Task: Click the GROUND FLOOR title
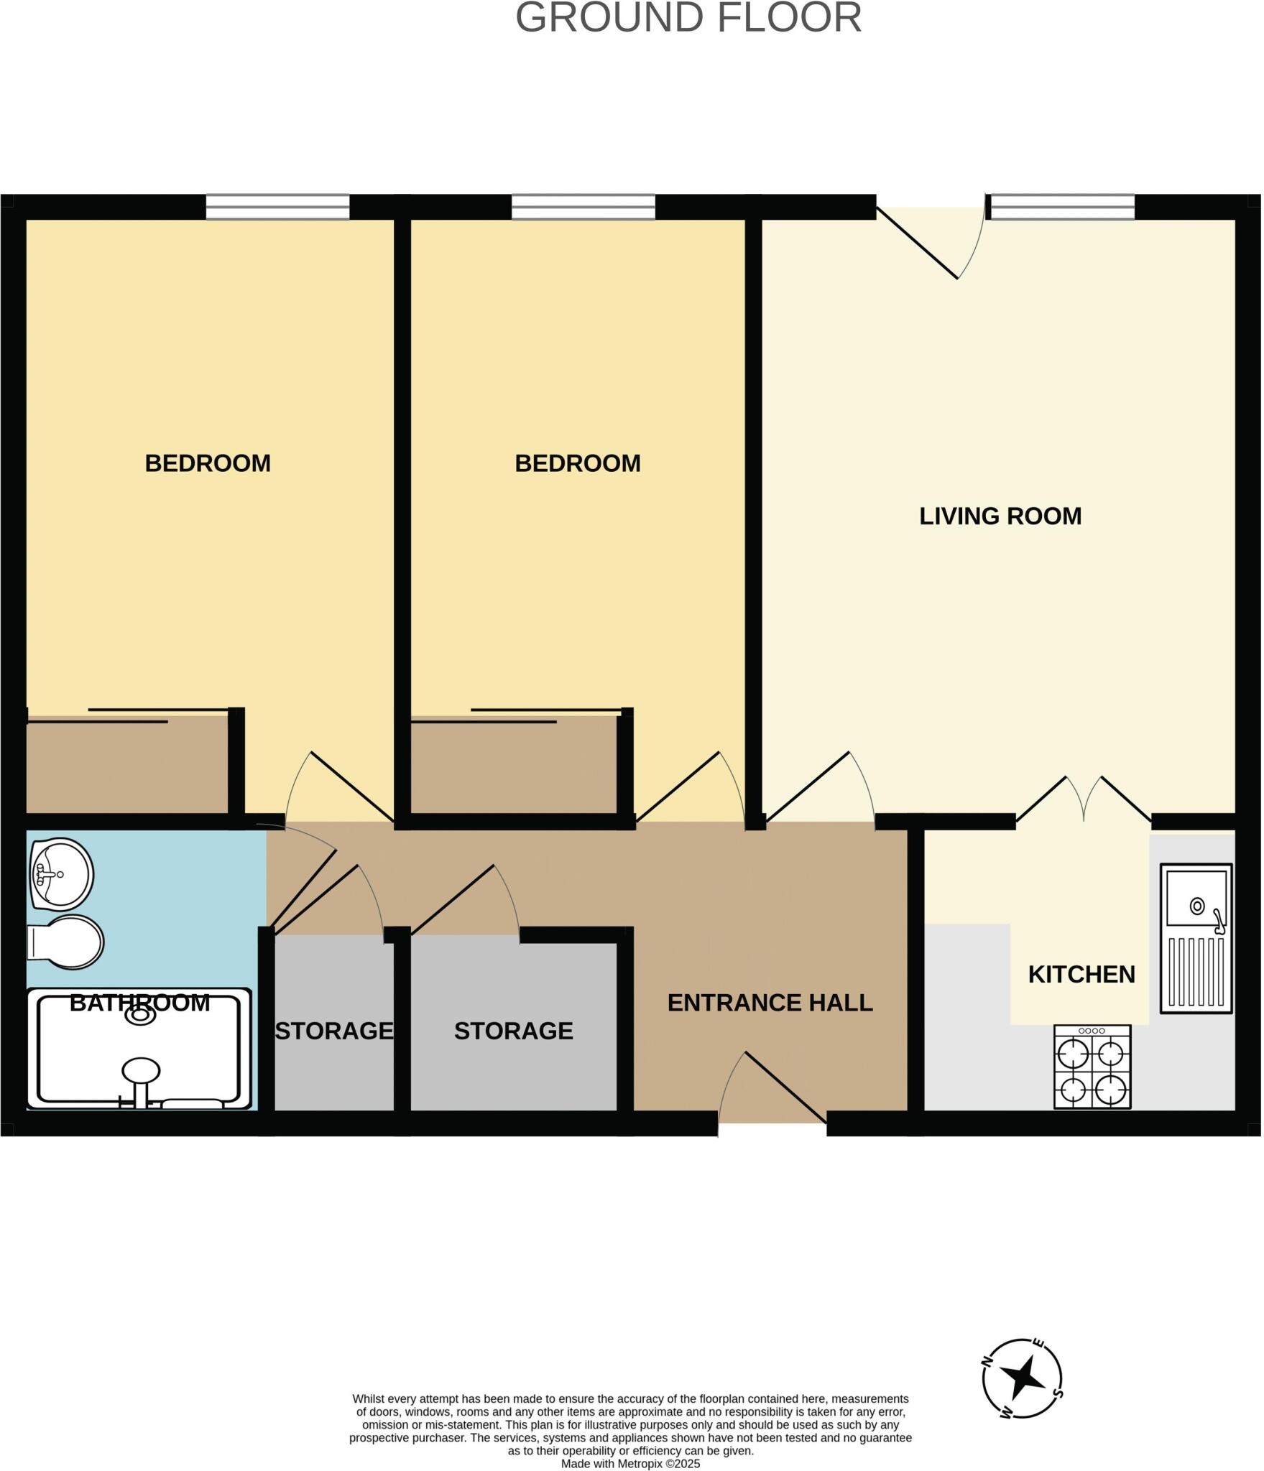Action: [x=688, y=18]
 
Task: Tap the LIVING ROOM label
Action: [x=1000, y=516]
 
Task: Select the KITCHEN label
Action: [x=1081, y=974]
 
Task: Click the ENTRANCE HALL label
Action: [x=770, y=1002]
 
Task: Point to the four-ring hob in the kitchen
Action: [x=1092, y=1067]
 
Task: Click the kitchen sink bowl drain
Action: [x=1197, y=906]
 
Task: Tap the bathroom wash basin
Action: [x=62, y=874]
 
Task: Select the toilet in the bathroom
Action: [x=66, y=942]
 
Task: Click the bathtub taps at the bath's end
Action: [x=141, y=1077]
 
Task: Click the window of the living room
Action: [x=1061, y=207]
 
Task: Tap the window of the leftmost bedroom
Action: [x=277, y=207]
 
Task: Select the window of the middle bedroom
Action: [x=583, y=207]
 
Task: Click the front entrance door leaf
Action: [x=785, y=1087]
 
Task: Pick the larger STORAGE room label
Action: [x=513, y=1031]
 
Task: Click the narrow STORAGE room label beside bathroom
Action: [x=334, y=1031]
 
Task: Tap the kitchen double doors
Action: [x=1084, y=799]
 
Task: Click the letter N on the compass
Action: [x=987, y=1362]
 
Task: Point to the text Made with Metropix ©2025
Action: [x=630, y=1463]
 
